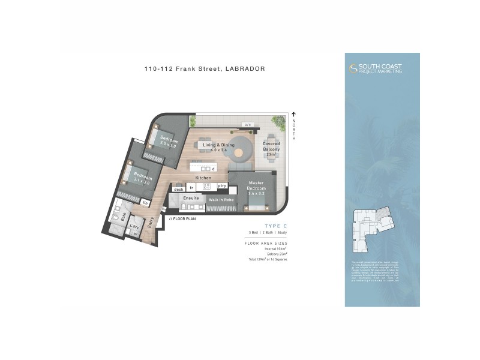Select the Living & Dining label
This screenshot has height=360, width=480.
[218, 147]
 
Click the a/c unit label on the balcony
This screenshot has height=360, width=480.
[247, 125]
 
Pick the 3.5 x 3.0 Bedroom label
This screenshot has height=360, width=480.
[168, 142]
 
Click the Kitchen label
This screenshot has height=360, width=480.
[203, 178]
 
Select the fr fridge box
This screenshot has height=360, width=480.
[191, 188]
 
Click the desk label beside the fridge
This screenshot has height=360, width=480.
[178, 189]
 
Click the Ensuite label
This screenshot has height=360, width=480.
[191, 198]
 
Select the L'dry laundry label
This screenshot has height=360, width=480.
[134, 227]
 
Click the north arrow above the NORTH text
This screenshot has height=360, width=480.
[294, 115]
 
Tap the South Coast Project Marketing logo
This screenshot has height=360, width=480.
[376, 68]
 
